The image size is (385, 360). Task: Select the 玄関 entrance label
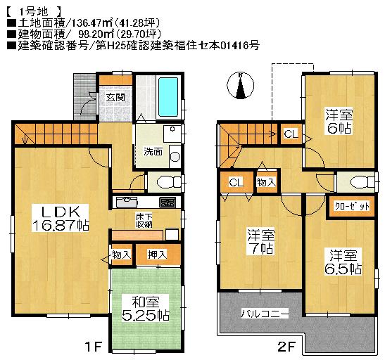(116, 98)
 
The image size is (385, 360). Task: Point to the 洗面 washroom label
(153, 151)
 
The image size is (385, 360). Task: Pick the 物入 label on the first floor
(121, 255)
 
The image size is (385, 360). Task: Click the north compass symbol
(241, 86)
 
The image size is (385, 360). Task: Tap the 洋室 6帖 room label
(338, 121)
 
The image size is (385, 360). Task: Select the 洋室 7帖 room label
(260, 241)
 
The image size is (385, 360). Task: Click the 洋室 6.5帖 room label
(343, 261)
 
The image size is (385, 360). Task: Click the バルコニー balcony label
(265, 313)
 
